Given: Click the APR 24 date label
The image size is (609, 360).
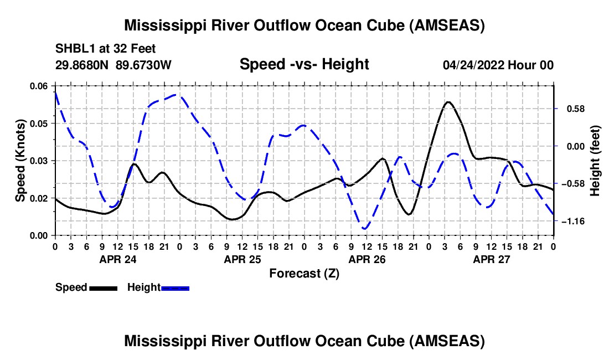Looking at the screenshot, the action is coord(118,259).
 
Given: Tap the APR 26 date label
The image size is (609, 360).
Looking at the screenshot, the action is coord(367,259).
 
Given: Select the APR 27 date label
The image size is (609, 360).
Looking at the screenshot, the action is coord(491,259).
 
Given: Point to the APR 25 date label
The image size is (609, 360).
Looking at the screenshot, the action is coord(242,259).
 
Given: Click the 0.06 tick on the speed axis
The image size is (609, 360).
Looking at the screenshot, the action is coord(39,86).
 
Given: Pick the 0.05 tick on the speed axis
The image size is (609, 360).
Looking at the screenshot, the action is coord(39,124).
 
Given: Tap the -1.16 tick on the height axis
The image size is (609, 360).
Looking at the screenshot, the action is coord(573,222).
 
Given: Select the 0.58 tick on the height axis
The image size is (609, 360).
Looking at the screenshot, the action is coord(576,109).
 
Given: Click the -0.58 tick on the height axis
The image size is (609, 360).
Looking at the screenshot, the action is coord(573,184).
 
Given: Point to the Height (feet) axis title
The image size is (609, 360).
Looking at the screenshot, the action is coord(595,161).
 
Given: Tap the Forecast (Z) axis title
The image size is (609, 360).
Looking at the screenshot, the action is coord(304,274).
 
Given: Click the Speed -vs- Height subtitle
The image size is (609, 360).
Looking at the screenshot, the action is coord(304,64).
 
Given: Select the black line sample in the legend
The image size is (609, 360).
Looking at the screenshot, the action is coord(103,288).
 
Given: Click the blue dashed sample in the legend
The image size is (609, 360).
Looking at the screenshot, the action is coord(175,288).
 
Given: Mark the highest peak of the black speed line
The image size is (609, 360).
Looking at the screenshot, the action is coord(448,102).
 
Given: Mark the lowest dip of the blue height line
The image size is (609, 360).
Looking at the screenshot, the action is coord(364,229).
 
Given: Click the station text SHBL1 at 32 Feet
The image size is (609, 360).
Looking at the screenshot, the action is coord(105,49).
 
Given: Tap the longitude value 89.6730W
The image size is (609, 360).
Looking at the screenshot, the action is coord(143,65).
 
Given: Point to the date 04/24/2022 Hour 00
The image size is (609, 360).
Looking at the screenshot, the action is coord(498,65).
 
